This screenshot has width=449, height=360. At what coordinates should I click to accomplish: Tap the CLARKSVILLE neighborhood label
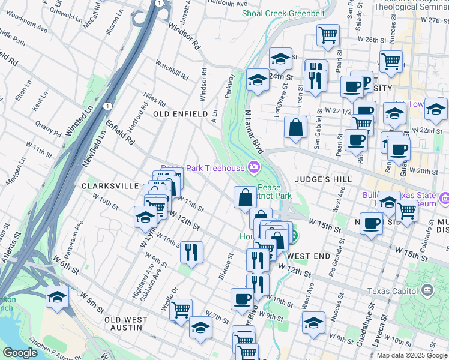[x=110, y=186]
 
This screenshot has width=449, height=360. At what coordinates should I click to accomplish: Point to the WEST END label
[x=309, y=256]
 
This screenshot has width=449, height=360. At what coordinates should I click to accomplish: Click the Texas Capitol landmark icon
[x=427, y=291]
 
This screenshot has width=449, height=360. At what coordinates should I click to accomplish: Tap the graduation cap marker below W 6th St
[x=58, y=297]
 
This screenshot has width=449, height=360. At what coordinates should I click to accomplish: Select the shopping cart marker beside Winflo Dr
[x=181, y=310]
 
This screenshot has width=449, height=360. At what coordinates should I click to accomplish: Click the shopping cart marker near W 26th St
[x=328, y=35]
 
